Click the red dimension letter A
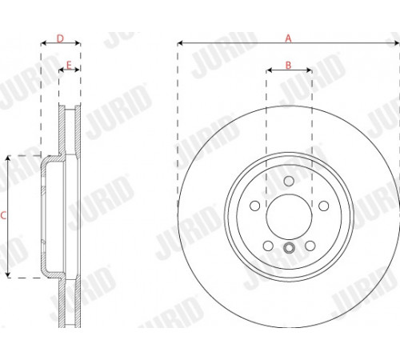[x=288, y=38]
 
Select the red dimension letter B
[x=288, y=65]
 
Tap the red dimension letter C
[x=3, y=215]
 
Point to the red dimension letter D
[x=60, y=38]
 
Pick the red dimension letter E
[x=69, y=65]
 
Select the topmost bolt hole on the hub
[x=289, y=182]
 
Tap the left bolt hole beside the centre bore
[x=255, y=206]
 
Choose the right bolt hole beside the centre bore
[x=323, y=206]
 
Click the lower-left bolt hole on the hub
[x=268, y=246]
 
